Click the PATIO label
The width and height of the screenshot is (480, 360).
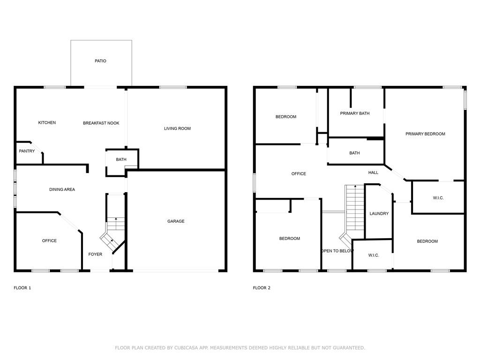(100, 61)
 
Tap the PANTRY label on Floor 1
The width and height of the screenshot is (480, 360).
(27, 151)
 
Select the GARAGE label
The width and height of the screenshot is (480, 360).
(176, 221)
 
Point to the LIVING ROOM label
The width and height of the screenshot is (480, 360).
(177, 128)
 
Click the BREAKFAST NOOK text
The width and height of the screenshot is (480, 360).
(101, 123)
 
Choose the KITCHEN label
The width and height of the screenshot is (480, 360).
(47, 122)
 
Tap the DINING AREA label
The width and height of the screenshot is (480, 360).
(62, 189)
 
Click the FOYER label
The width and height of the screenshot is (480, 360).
(95, 254)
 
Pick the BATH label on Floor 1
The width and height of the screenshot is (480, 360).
(121, 159)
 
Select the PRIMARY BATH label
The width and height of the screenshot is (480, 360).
(355, 113)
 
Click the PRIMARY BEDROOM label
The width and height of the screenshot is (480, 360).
(425, 134)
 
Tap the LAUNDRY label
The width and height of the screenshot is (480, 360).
(379, 213)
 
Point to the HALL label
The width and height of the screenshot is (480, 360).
(373, 172)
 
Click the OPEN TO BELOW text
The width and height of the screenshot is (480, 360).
(337, 251)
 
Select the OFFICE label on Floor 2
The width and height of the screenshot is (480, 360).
(299, 173)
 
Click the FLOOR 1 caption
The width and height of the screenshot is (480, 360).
(22, 288)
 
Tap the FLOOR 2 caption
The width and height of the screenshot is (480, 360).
(262, 288)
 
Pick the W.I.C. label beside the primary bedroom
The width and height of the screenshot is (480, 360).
(438, 198)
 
